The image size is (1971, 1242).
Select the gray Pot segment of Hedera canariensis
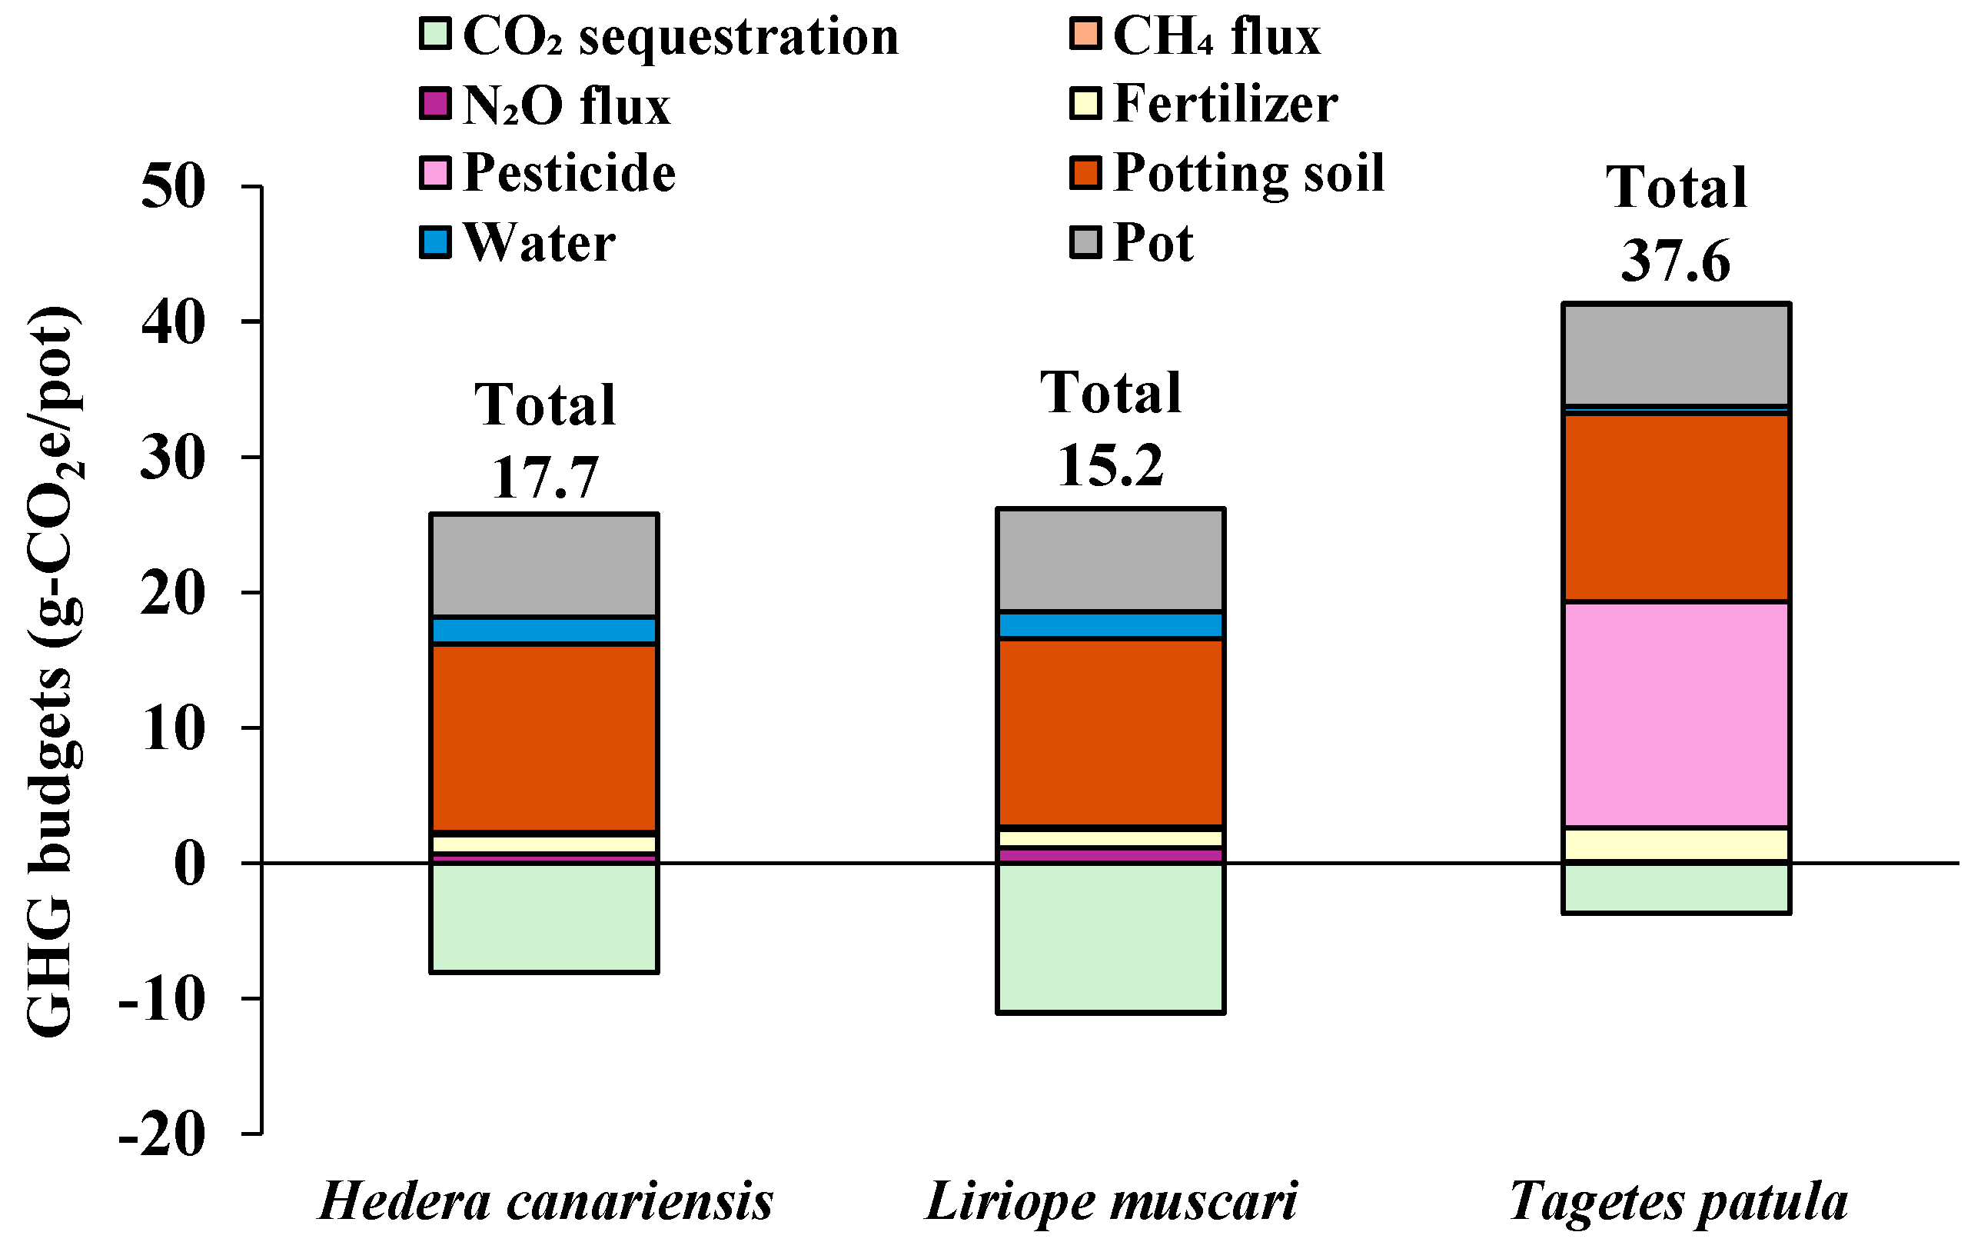tap(544, 565)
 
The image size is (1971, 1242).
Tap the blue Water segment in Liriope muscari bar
tap(1110, 625)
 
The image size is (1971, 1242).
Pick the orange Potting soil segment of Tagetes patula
tap(1676, 508)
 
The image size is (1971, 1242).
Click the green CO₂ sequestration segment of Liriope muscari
tap(1110, 938)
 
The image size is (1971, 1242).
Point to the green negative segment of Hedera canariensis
tap(544, 917)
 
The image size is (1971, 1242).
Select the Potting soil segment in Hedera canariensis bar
tap(544, 738)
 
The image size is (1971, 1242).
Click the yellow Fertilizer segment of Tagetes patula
tap(1676, 844)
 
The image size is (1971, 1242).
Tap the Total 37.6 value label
tap(1676, 261)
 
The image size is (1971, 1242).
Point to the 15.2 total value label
tap(1110, 466)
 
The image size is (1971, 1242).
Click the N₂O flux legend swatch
tap(435, 105)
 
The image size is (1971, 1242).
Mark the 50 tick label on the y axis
tap(173, 188)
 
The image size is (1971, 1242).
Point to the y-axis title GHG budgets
tap(51, 671)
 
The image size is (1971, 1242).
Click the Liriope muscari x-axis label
tap(1111, 1202)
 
